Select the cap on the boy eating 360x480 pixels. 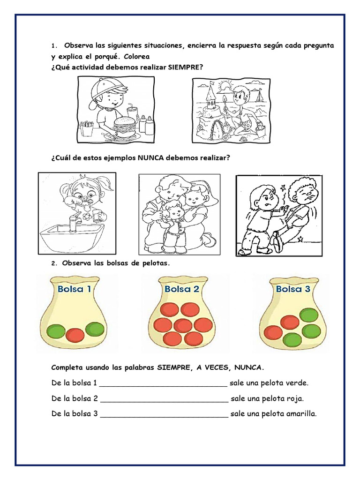(106, 87)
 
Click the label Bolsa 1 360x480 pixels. (74, 289)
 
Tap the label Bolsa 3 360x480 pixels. (293, 289)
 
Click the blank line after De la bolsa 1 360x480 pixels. (164, 383)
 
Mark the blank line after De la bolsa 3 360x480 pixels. (164, 414)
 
